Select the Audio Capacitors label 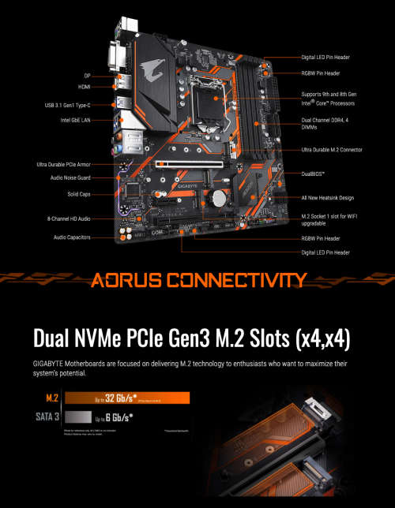coord(72,237)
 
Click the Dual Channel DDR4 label coord(324,123)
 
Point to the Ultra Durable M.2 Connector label coord(331,149)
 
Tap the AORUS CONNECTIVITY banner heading coord(198,279)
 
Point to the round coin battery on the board coord(218,198)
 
